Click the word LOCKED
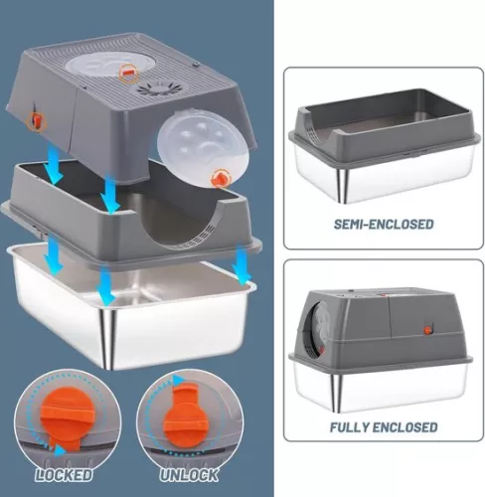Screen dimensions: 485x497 point(64,475)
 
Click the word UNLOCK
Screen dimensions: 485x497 point(189,475)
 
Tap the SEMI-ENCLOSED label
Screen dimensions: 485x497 point(384,225)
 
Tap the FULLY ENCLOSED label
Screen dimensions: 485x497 point(384,427)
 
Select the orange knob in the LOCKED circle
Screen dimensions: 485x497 point(68,419)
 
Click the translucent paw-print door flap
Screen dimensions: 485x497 point(197,148)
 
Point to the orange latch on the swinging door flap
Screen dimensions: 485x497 point(221,178)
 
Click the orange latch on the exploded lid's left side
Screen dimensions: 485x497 point(36,120)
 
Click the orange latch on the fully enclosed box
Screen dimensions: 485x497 point(427,330)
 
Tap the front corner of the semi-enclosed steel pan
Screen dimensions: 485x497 point(343,185)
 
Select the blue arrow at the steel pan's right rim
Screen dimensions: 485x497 point(242,267)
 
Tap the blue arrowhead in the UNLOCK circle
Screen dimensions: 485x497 point(178,380)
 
